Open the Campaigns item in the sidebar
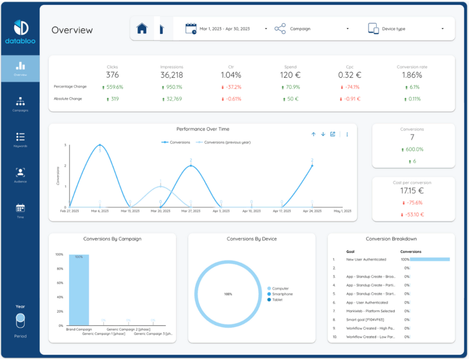tap(20, 104)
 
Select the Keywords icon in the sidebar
tap(20, 137)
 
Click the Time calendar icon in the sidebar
tap(20, 208)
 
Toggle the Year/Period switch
tap(20, 321)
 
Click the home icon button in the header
tap(142, 28)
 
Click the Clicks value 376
tap(112, 75)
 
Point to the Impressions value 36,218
tap(171, 75)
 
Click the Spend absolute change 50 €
tap(290, 99)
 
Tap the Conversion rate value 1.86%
tap(412, 75)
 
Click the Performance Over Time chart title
tap(203, 129)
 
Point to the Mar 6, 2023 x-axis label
tap(99, 211)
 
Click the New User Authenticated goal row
tap(366, 259)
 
